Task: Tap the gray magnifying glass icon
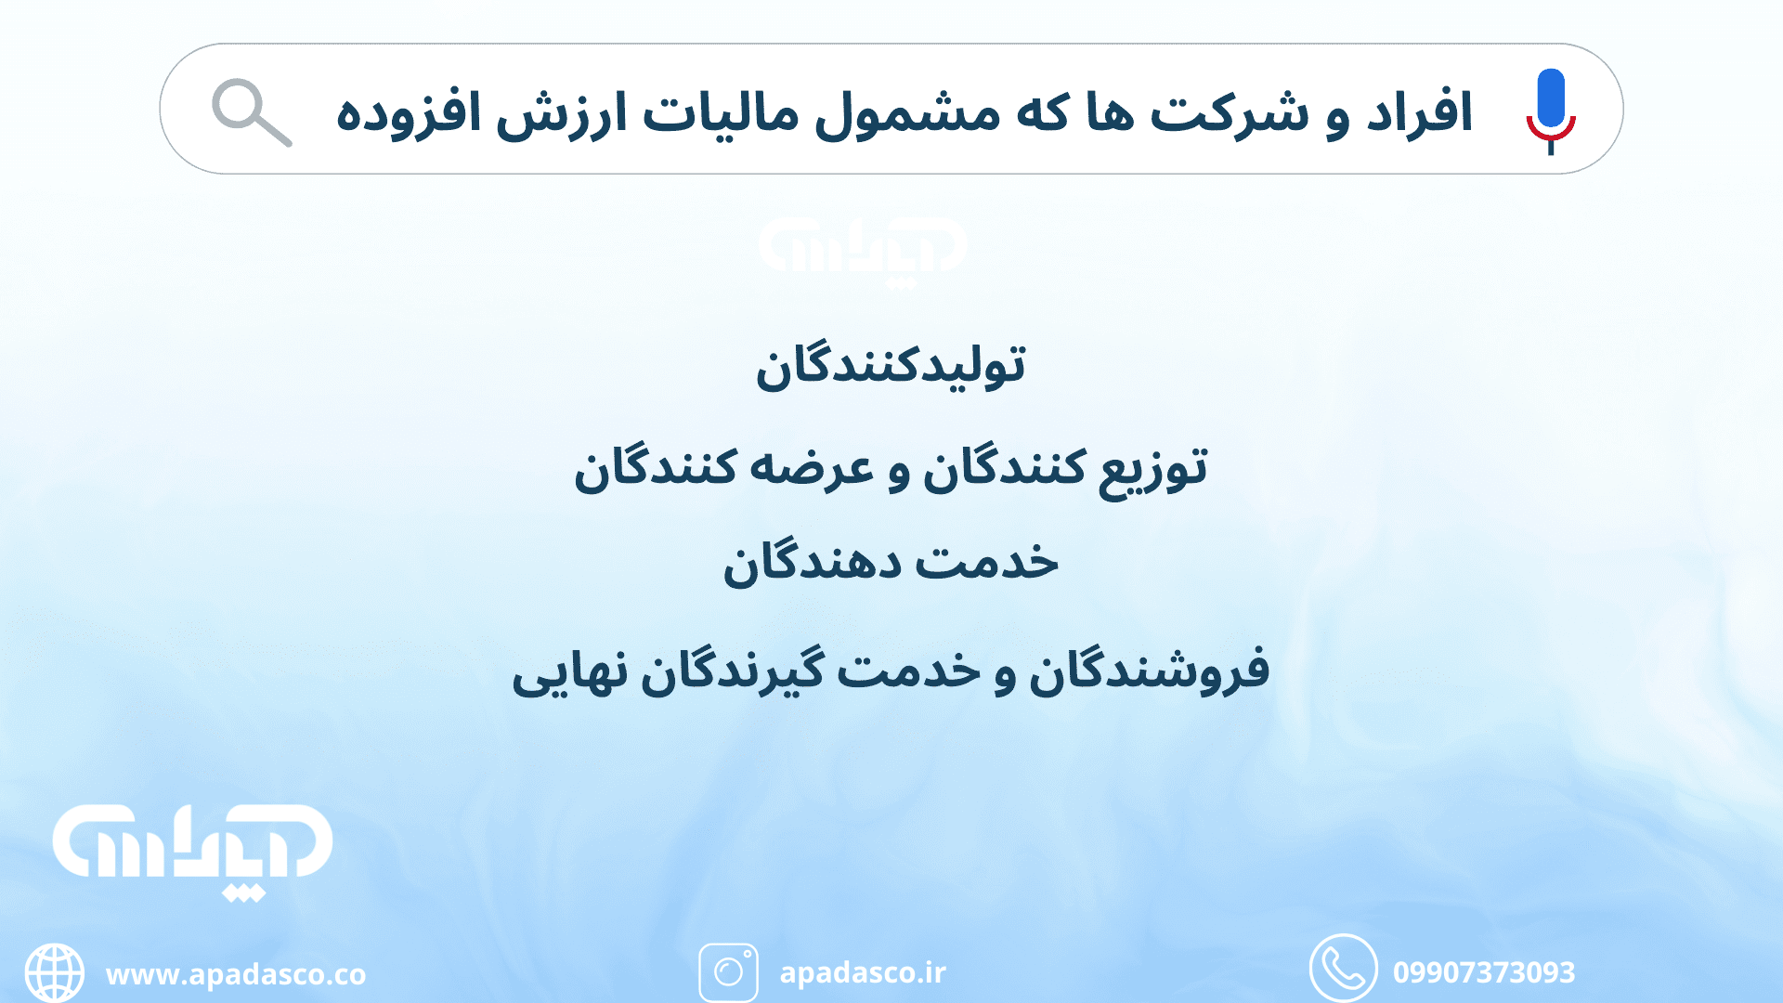[250, 111]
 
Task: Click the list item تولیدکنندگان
[891, 365]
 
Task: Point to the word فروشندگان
[1149, 669]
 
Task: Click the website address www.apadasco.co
[236, 974]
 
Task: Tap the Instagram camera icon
[728, 972]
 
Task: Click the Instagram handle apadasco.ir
[863, 972]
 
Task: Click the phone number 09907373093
[1483, 972]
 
